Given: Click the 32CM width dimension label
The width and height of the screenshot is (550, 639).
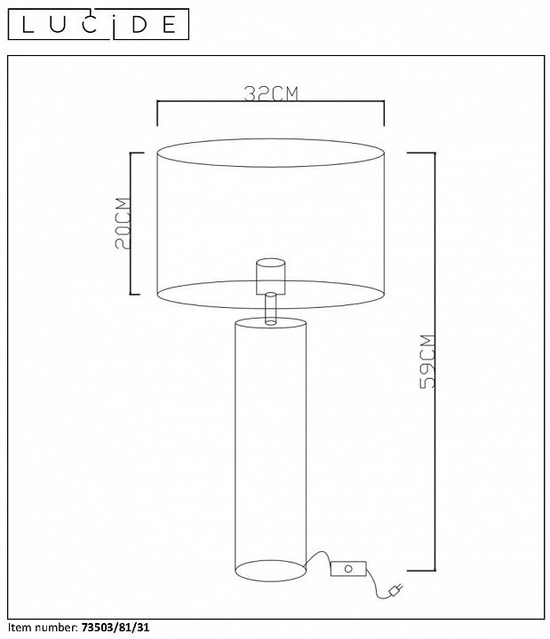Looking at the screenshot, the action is (x=271, y=93).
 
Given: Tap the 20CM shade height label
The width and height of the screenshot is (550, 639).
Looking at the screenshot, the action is (x=123, y=223).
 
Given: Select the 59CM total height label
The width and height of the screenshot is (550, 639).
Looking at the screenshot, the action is (x=427, y=361).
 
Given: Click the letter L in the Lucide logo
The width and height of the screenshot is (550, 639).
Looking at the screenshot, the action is (x=28, y=25).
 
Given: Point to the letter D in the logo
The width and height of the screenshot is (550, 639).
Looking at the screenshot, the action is (x=139, y=25).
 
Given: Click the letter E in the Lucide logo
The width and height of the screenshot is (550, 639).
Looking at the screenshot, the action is (x=169, y=25).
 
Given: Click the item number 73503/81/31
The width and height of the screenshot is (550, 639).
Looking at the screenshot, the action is (x=116, y=627).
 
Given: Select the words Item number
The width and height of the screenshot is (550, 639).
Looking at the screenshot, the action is (x=43, y=627).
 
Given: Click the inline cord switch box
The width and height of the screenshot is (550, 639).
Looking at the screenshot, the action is (x=348, y=569).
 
